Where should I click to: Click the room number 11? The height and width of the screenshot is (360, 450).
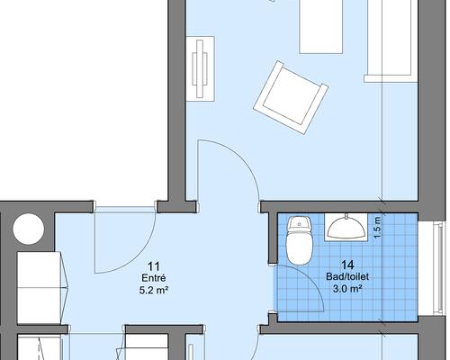click(x=154, y=266)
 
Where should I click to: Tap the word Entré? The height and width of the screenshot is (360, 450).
click(x=154, y=278)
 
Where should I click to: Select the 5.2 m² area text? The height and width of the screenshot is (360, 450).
click(x=154, y=290)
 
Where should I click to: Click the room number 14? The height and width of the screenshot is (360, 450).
click(x=347, y=265)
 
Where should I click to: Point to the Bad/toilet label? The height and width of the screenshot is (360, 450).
click(x=347, y=276)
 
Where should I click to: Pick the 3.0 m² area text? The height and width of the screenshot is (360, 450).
click(x=347, y=289)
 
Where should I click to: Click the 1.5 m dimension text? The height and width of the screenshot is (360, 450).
click(x=377, y=227)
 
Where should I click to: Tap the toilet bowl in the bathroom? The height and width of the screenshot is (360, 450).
click(x=300, y=249)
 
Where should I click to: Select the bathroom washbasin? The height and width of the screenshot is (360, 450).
click(x=346, y=227)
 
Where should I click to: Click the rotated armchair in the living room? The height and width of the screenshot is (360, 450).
click(x=291, y=97)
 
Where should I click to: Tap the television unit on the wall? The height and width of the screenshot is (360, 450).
click(x=201, y=68)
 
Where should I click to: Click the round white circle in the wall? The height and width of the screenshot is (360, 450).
click(x=29, y=229)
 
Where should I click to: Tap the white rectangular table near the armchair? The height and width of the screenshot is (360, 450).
click(x=321, y=27)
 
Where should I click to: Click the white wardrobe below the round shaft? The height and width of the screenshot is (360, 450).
click(x=39, y=288)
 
